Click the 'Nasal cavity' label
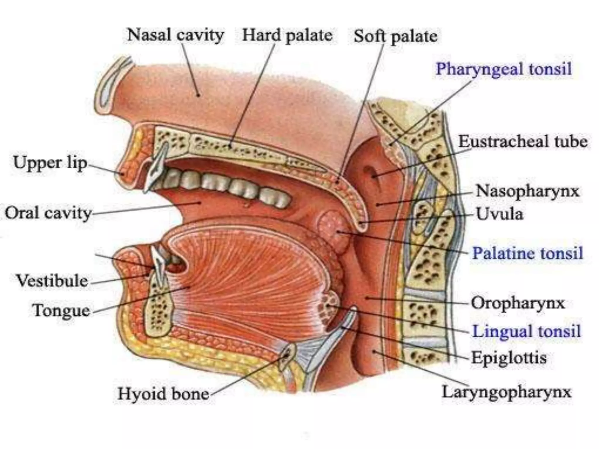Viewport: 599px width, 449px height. click(175, 35)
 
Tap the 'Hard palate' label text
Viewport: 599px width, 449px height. click(287, 36)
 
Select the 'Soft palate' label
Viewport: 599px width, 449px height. click(395, 37)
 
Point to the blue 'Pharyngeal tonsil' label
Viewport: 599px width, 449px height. click(504, 69)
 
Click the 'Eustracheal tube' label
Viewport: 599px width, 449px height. click(523, 142)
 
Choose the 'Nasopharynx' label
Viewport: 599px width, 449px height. click(527, 191)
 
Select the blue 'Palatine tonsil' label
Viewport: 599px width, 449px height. click(528, 253)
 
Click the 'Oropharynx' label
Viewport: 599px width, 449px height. click(518, 303)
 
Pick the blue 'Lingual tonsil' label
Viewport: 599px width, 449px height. click(526, 331)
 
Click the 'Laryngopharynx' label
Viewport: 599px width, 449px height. click(506, 392)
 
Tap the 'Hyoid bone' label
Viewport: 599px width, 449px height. click(163, 394)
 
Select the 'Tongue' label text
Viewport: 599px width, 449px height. click(61, 310)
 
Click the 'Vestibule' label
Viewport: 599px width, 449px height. click(52, 281)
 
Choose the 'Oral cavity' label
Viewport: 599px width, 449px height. click(48, 213)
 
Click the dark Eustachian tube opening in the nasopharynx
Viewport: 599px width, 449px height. click(371, 173)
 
